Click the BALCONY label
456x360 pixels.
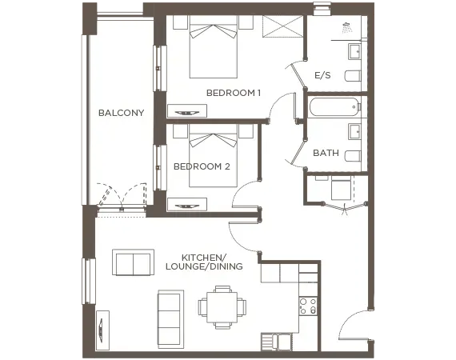click(x=121, y=113)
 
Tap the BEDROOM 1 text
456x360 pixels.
click(x=234, y=93)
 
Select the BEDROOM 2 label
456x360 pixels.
click(x=202, y=166)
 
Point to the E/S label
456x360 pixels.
click(x=322, y=75)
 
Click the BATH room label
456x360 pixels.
click(x=326, y=152)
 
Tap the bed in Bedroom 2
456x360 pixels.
click(x=214, y=157)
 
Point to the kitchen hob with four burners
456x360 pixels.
click(x=308, y=305)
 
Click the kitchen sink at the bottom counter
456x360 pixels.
click(x=276, y=342)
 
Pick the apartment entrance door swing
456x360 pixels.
click(x=354, y=326)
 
